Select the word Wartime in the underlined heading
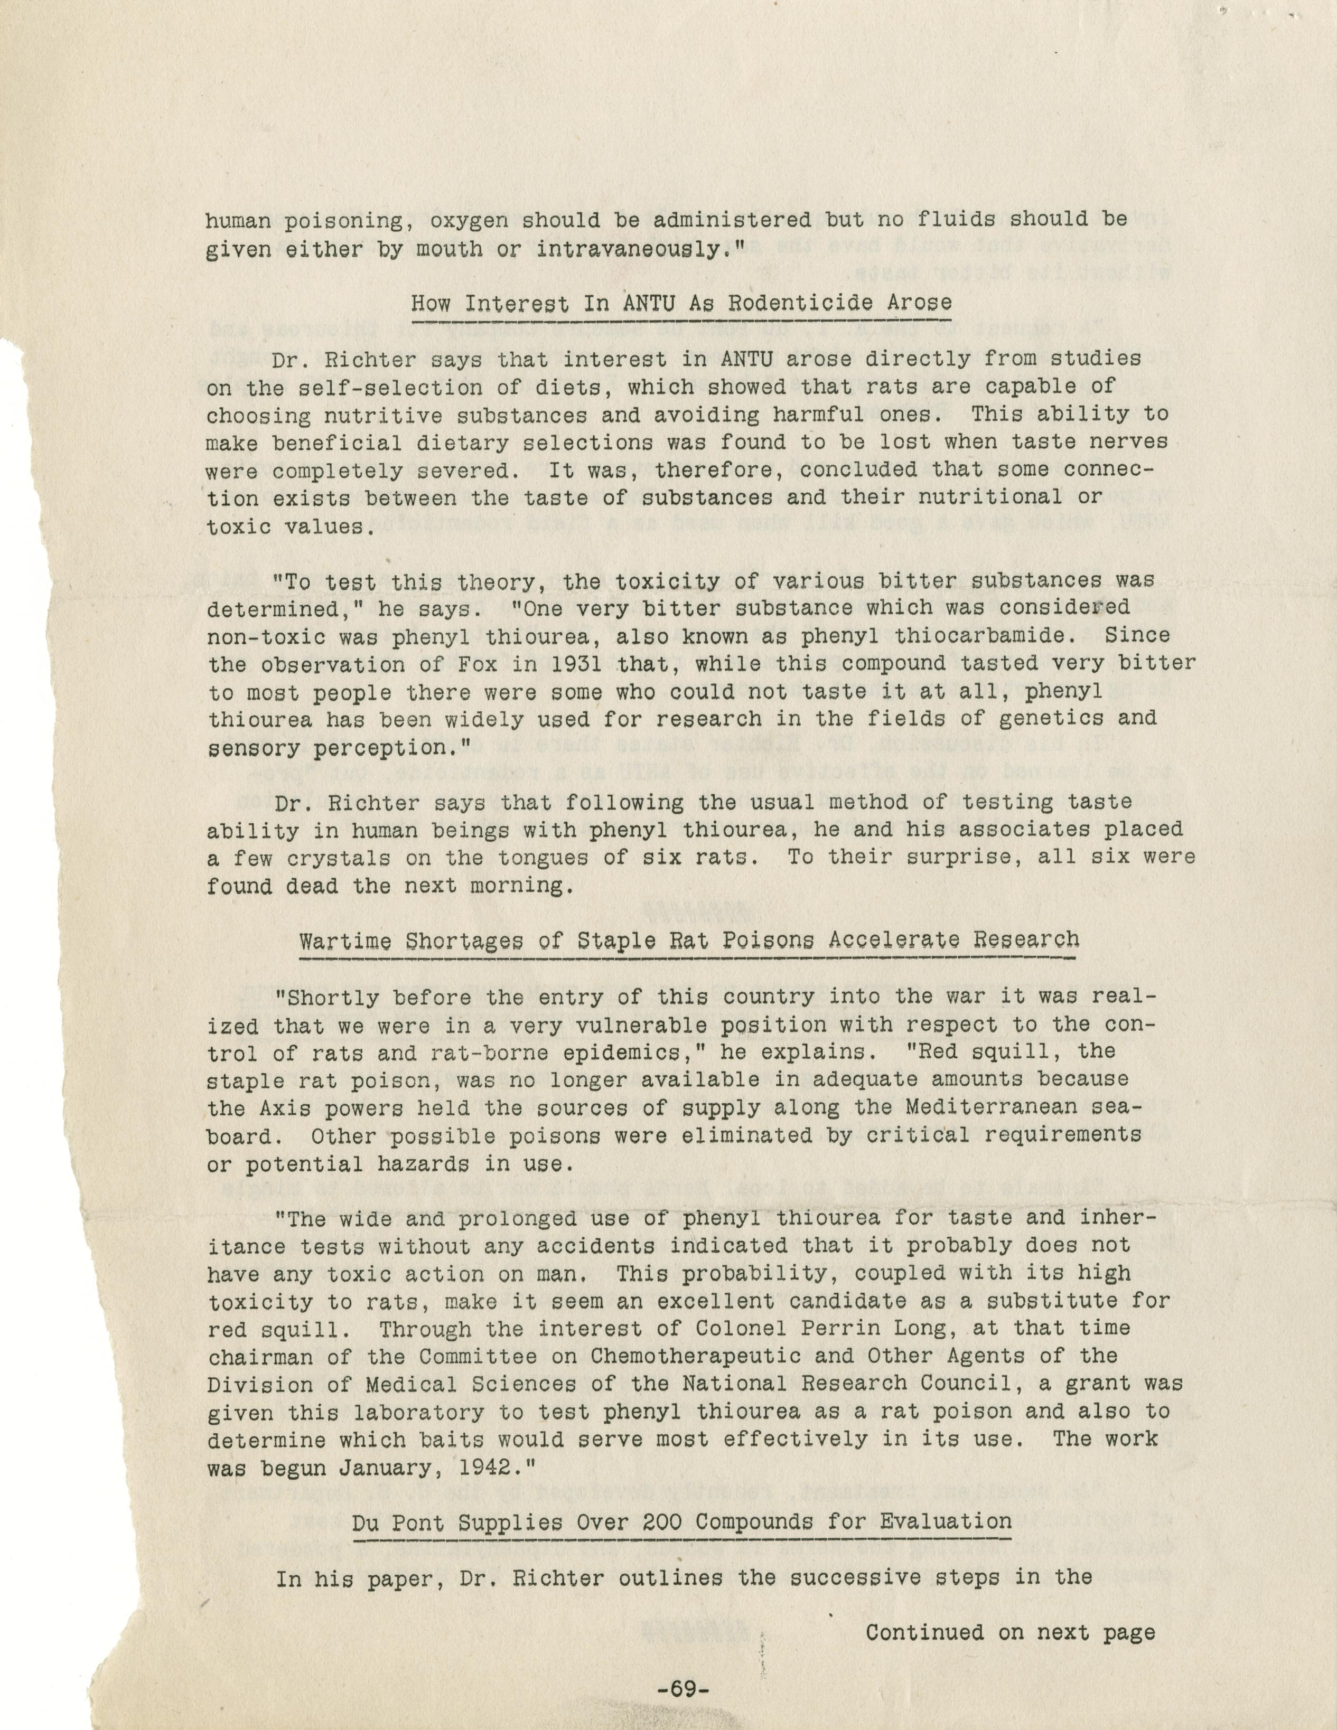pos(345,940)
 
